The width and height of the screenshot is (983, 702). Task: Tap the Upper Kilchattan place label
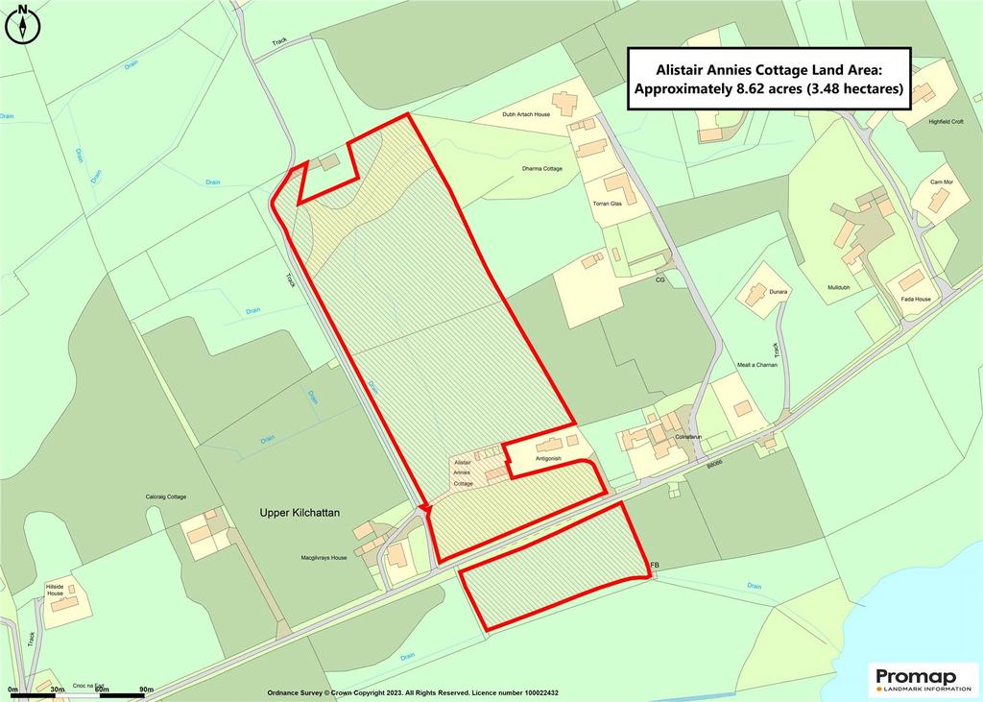[300, 513]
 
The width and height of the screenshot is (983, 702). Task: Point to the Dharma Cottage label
[541, 169]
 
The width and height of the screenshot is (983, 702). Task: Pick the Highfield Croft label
[944, 122]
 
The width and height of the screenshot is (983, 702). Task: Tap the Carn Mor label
[942, 182]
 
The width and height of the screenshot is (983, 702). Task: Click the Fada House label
[916, 299]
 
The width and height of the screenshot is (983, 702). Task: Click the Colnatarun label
[689, 437]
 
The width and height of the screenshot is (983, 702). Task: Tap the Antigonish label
[548, 459]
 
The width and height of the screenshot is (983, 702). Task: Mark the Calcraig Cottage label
[165, 496]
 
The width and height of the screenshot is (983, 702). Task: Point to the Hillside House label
[55, 589]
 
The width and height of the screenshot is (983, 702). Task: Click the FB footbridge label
[656, 565]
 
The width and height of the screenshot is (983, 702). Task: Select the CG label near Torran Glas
[659, 279]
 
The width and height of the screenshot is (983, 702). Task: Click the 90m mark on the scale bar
[146, 690]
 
